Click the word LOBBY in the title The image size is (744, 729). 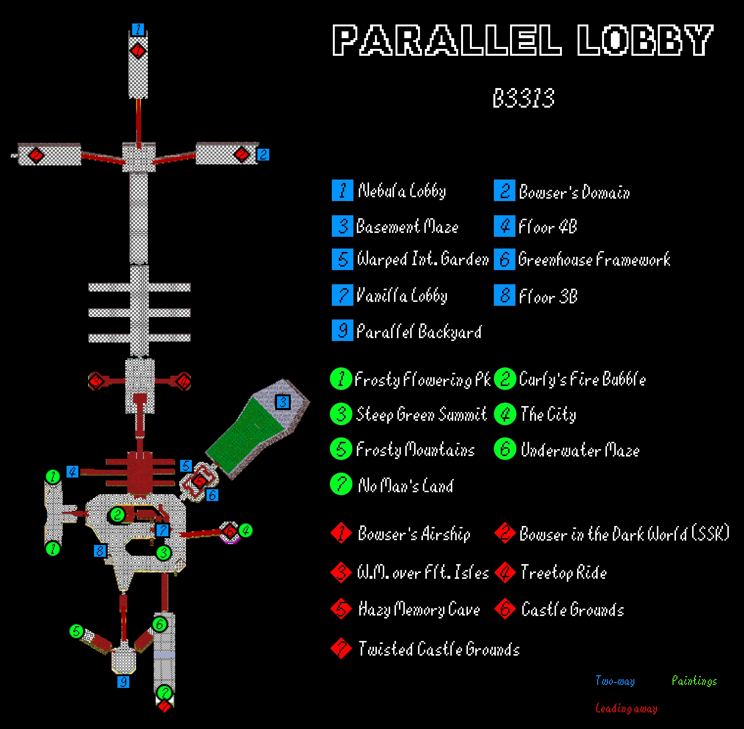point(645,40)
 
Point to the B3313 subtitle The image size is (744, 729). point(523,98)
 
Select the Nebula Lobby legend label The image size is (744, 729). point(401,191)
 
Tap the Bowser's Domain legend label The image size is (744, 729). point(574,192)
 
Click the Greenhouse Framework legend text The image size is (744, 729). point(594,259)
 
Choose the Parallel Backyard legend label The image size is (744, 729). point(419,332)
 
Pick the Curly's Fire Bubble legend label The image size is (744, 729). point(582,379)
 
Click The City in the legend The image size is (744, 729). point(548,414)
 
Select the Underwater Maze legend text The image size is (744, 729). point(580,450)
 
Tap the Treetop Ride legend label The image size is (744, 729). point(563,572)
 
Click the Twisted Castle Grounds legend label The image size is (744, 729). point(439,649)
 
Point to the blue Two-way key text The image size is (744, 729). point(615,681)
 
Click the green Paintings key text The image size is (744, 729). point(694,681)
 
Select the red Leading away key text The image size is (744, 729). point(626,708)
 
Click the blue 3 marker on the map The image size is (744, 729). point(282,402)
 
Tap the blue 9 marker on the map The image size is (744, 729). point(123,682)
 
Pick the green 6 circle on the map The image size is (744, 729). point(160,624)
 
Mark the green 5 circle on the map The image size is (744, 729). point(76,631)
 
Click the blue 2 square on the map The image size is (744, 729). point(263,155)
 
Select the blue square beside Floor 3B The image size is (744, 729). point(505,296)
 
